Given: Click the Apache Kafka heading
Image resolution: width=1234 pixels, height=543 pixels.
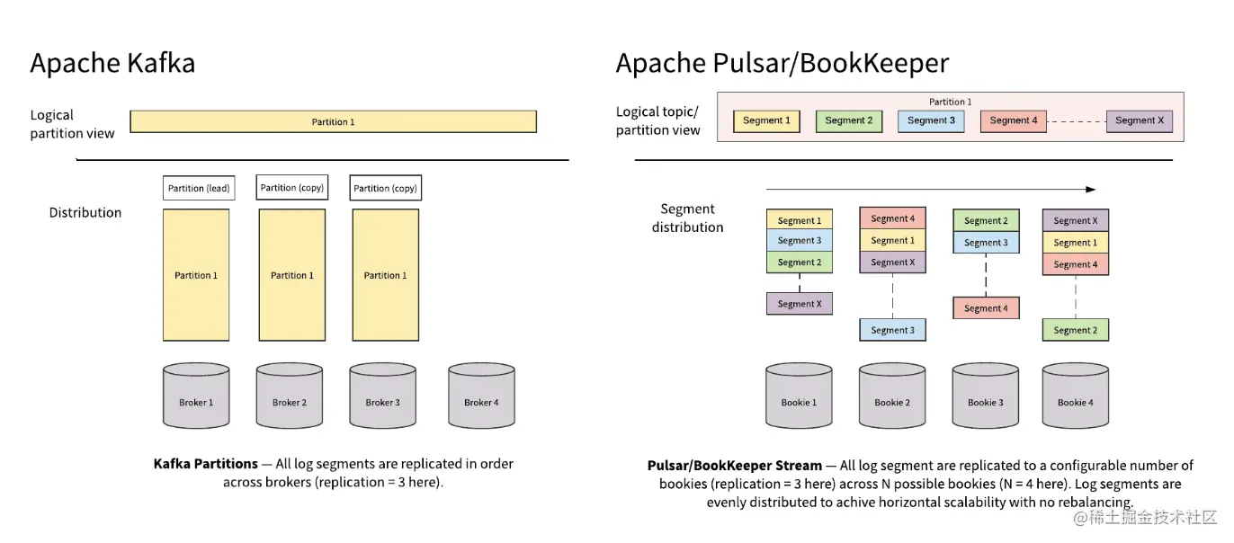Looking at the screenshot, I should coord(112,64).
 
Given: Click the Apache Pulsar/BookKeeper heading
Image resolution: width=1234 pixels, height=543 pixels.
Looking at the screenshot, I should coord(782,64).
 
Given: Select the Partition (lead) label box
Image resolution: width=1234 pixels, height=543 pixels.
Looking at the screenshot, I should coord(199,188).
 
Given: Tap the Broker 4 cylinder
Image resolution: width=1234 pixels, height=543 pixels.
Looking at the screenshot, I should coord(481,396).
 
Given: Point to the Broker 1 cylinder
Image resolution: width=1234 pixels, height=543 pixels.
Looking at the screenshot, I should coord(196,396).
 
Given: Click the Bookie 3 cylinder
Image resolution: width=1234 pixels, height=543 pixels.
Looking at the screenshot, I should coord(985,396).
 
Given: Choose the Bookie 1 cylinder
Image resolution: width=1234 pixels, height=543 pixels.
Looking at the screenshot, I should coord(799,396).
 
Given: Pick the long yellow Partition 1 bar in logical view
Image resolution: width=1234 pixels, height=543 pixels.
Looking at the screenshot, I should coord(333,121).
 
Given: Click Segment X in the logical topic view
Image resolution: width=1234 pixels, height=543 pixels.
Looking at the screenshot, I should coord(1139,120).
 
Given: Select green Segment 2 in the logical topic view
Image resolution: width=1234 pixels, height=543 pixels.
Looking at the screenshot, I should coord(848,120).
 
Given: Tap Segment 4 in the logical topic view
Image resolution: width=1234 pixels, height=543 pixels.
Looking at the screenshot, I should coord(1013,120).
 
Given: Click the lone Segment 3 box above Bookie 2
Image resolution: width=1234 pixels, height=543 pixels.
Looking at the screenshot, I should coord(892,330).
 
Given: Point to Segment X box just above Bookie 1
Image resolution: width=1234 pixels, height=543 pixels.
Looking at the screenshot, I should coord(800,304).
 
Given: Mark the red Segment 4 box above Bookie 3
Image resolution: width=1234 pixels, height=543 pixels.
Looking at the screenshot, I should coord(986,308).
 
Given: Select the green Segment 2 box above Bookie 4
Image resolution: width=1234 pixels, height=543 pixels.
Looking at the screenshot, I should coord(1075,330).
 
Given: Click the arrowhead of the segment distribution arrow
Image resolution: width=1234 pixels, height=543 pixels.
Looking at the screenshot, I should coord(1091,190).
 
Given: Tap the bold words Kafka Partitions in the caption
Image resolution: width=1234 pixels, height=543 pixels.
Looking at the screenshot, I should coord(205,464).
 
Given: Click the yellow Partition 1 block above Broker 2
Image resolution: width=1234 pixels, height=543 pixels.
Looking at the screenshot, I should coord(291,275).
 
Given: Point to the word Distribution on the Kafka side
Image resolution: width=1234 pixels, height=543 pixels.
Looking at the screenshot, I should coord(85,213).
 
